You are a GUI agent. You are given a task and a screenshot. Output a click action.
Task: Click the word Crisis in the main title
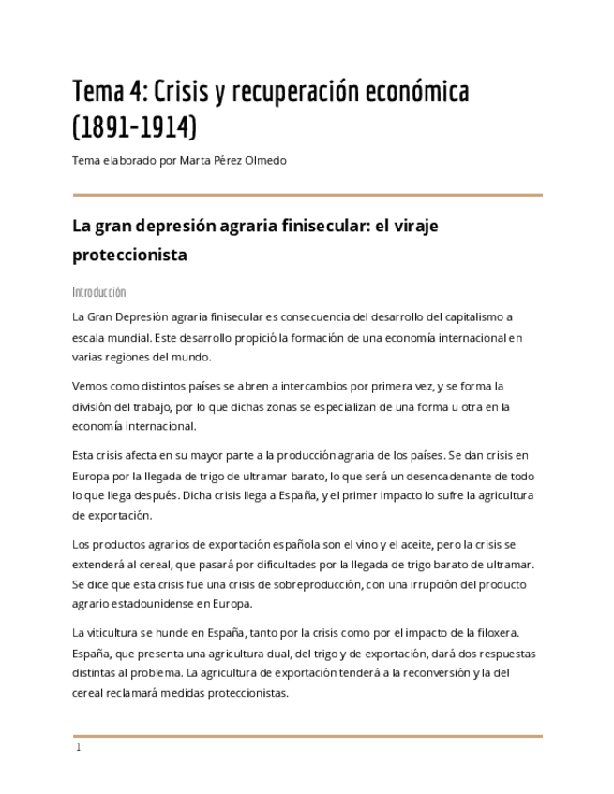(183, 92)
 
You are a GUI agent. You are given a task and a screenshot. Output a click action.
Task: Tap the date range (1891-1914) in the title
(135, 125)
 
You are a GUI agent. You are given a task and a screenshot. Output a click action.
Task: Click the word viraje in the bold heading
(412, 226)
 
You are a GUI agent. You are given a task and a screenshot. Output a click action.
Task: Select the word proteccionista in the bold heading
(129, 255)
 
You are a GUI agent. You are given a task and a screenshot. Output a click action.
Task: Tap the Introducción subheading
(98, 292)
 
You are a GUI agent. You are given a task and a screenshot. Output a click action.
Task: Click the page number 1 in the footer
(79, 747)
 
